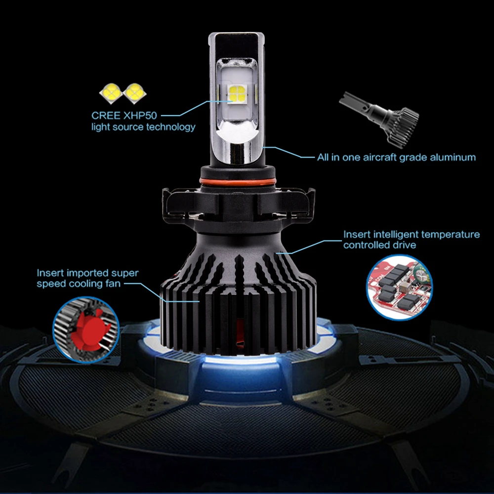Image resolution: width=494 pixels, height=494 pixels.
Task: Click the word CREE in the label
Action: pos(106,116)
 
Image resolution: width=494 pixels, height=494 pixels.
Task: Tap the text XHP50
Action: pos(140,116)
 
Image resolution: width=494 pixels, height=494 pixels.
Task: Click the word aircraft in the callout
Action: pos(379,157)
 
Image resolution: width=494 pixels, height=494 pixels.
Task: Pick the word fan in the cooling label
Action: pos(113,284)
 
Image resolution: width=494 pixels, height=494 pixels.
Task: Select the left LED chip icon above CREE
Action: pos(111,93)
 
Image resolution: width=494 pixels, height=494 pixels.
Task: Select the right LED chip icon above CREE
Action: pos(135,93)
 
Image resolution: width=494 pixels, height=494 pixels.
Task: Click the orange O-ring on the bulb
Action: pos(238,182)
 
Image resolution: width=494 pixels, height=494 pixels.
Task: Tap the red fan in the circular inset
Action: pos(89,329)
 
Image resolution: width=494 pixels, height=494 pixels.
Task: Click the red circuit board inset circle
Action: pos(400,288)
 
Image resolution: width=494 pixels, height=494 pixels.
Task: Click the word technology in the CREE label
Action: pos(171,127)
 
